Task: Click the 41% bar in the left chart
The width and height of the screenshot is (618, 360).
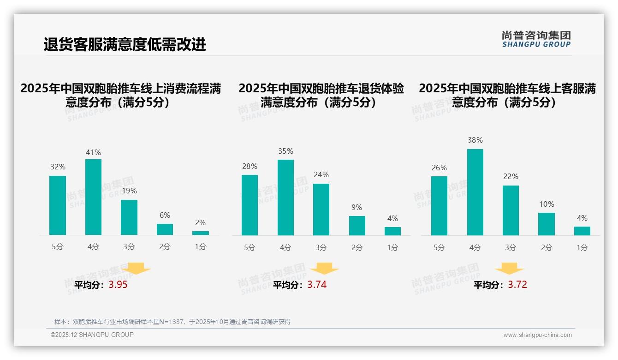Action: coord(93,197)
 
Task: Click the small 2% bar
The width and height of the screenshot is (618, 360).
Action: coord(201,233)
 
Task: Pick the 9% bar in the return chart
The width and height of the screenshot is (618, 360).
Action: coord(357,226)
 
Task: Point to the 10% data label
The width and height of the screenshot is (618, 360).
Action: coord(547,204)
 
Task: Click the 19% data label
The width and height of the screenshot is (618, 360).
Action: coord(129,191)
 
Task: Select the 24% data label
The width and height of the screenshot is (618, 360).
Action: coord(321,174)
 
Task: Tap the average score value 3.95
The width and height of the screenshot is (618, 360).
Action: coord(118,285)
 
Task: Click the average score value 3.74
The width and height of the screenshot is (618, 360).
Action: coord(317,285)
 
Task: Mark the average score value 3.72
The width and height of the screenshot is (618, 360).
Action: coord(517,285)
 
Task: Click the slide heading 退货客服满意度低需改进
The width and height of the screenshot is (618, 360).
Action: coord(125,44)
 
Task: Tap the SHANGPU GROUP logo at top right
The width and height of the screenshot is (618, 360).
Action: coord(536,39)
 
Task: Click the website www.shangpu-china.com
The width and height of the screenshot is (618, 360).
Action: coord(537,335)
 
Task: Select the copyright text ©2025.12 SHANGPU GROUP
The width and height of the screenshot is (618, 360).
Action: coord(92,335)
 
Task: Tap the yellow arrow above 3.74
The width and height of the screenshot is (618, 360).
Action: coord(324,269)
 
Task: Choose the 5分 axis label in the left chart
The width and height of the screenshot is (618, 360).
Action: coord(58,247)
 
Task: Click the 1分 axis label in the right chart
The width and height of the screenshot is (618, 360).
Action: coord(582,248)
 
